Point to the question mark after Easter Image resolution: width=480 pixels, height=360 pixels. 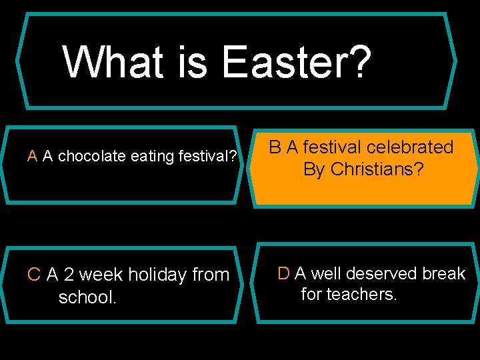tap(359, 62)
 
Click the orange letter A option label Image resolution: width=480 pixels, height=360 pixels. tap(31, 157)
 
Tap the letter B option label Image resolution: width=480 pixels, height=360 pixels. tap(275, 147)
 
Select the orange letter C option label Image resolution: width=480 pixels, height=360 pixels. tap(34, 275)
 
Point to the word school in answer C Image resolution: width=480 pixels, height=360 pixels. tap(87, 297)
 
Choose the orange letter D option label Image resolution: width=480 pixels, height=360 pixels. tap(283, 273)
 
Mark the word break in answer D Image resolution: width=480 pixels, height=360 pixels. tap(444, 273)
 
